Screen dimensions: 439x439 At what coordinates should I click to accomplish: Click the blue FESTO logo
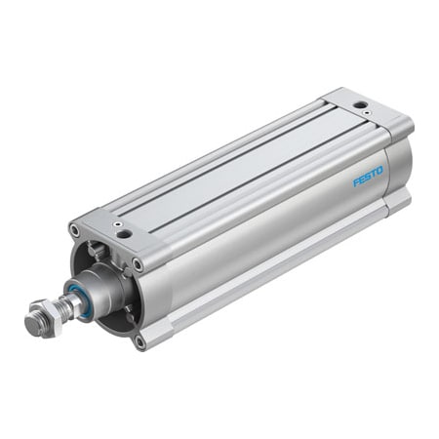tap(368, 175)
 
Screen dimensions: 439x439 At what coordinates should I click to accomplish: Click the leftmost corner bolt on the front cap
tap(74, 230)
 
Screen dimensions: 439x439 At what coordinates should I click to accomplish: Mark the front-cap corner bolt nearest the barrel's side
tap(138, 263)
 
